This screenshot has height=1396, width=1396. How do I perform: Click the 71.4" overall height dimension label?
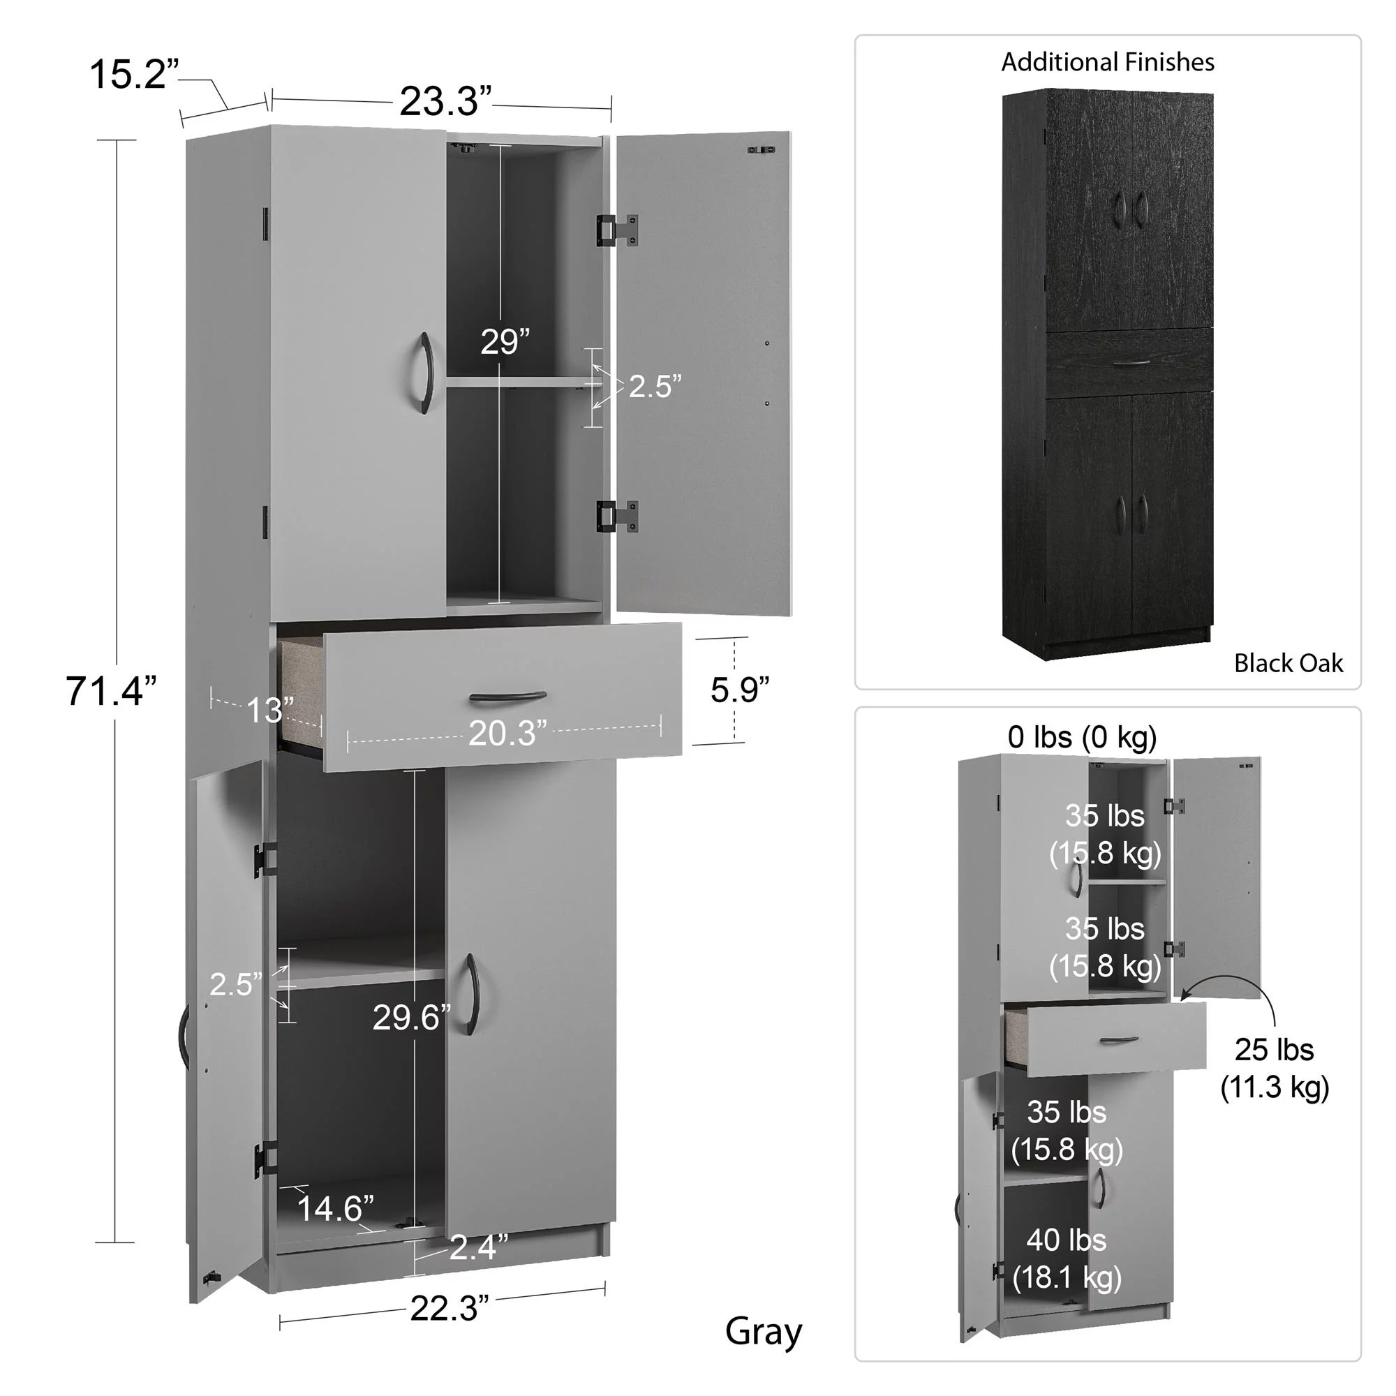[x=111, y=691]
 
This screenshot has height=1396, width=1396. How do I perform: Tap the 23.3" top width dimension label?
[x=445, y=101]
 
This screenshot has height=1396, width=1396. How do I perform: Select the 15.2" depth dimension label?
[x=134, y=74]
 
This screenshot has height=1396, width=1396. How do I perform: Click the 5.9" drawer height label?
[x=739, y=690]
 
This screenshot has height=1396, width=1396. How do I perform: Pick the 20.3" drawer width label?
[x=507, y=734]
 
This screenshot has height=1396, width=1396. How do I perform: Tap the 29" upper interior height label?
[x=505, y=342]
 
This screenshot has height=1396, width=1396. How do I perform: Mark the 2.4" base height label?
[x=478, y=1247]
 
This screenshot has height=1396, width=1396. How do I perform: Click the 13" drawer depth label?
[x=270, y=711]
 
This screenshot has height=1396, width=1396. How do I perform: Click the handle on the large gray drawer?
[x=507, y=697]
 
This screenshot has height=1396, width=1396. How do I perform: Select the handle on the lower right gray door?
[x=471, y=994]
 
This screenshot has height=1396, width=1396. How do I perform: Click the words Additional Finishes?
[x=1107, y=62]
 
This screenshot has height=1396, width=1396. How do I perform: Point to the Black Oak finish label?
[x=1288, y=663]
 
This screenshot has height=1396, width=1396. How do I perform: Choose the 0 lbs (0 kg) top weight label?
[x=1083, y=737]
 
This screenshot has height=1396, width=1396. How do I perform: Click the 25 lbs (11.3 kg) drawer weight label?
[x=1275, y=1069]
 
